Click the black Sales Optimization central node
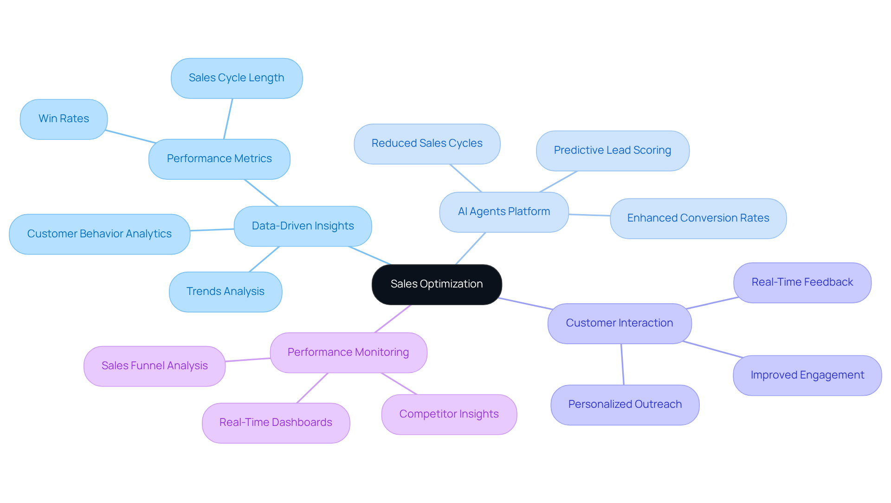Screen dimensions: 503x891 (x=436, y=284)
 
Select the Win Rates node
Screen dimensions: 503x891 (x=64, y=119)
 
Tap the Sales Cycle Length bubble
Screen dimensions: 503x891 (x=236, y=78)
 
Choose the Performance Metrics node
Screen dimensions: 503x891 (x=219, y=159)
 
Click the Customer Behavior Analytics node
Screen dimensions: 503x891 (x=99, y=234)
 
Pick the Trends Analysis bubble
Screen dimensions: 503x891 (x=225, y=292)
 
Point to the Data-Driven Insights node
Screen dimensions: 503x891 (x=303, y=226)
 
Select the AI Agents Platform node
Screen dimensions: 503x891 (x=504, y=212)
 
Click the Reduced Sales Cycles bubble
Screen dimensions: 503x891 (x=426, y=144)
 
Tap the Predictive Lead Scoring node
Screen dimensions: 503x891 (x=612, y=150)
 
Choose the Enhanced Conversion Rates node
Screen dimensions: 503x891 (x=697, y=218)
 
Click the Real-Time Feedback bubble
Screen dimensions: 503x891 (x=802, y=282)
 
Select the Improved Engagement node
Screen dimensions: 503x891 (x=807, y=375)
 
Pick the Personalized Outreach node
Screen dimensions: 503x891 (x=625, y=405)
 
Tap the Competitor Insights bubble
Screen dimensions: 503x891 (x=449, y=414)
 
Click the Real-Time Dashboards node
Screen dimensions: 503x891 (x=276, y=423)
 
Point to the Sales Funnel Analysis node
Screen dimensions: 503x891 (x=155, y=366)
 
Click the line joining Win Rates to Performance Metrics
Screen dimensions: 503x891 (x=130, y=137)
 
